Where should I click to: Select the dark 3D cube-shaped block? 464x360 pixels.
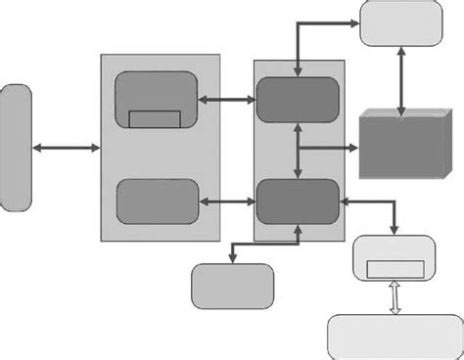401,143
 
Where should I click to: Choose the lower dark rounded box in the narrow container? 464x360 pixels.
298,202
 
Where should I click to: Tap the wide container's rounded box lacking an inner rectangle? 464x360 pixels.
158,202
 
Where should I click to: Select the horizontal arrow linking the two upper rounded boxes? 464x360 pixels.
226,99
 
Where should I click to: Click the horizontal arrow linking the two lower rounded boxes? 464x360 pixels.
227,202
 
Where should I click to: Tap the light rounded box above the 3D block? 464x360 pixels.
400,22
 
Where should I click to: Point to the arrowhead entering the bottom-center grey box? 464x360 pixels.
232,259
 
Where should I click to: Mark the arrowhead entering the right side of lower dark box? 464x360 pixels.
344,202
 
